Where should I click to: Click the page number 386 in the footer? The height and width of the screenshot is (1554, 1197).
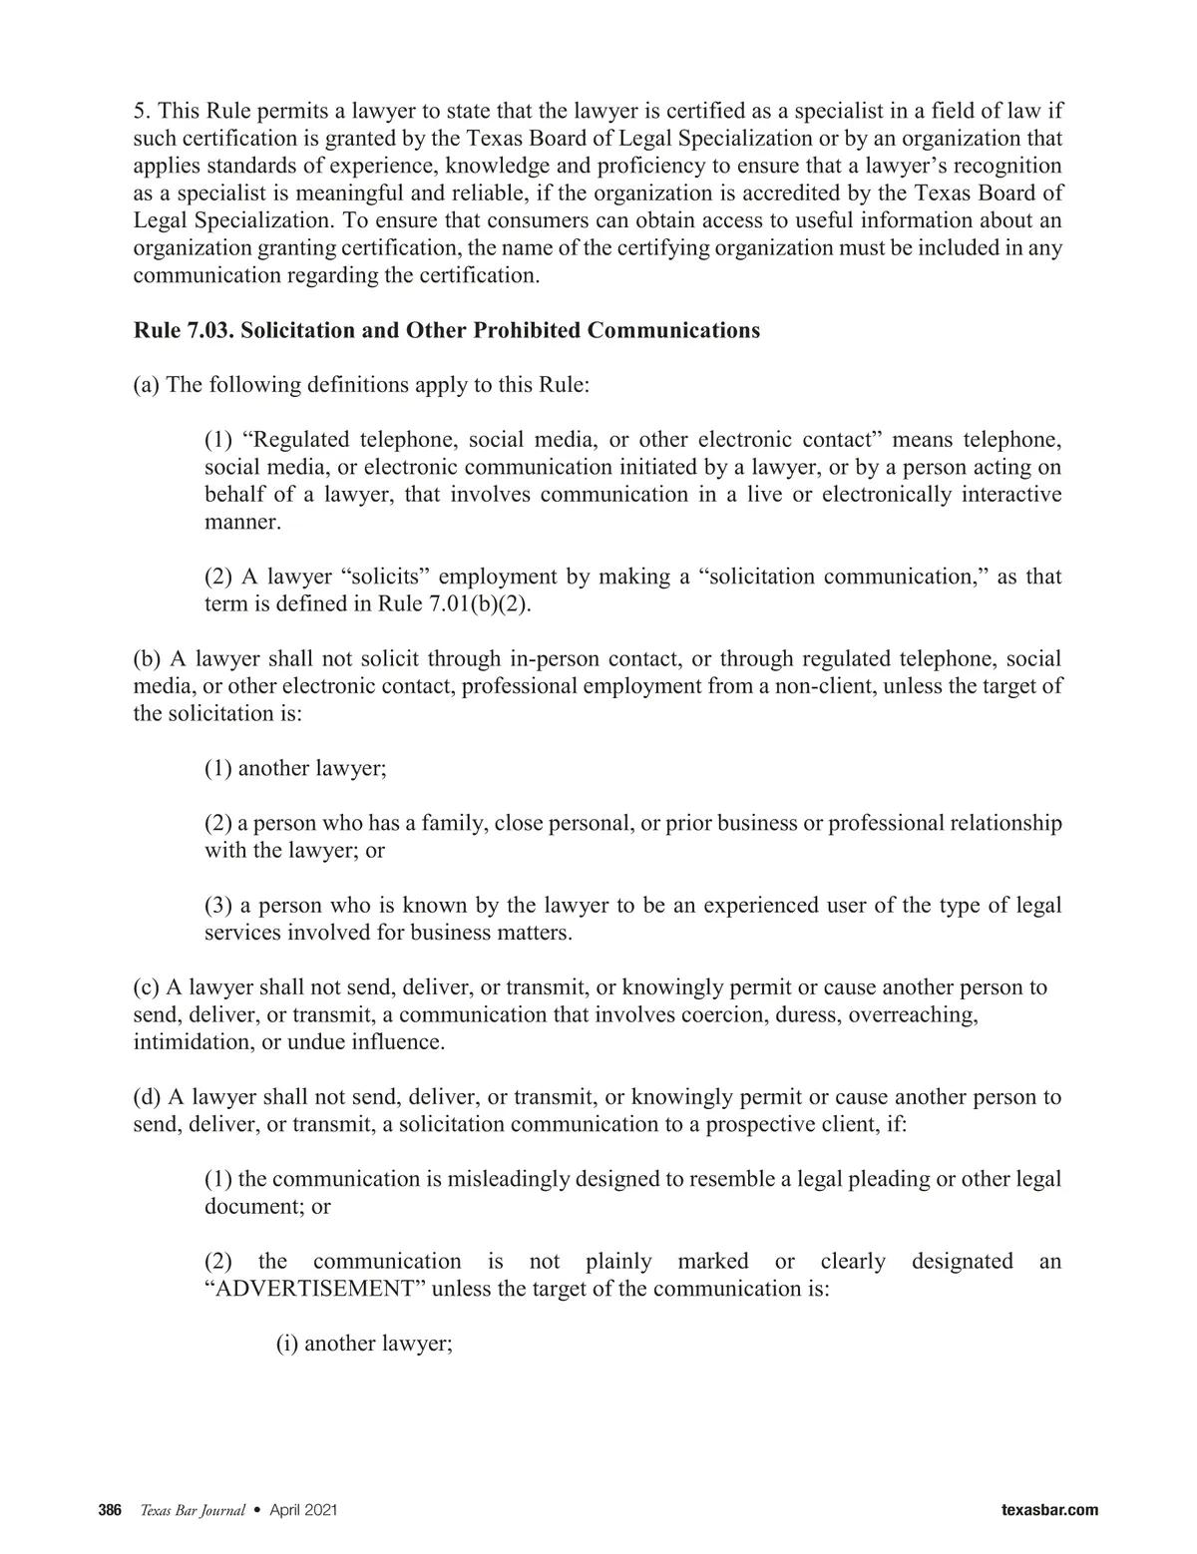(109, 1510)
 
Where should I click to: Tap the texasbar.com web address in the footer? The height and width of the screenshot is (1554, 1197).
(1048, 1510)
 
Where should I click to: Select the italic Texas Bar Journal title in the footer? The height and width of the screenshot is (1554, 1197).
(192, 1510)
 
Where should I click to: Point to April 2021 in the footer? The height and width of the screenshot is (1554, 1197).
(303, 1510)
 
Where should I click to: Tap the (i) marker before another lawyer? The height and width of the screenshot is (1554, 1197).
(286, 1343)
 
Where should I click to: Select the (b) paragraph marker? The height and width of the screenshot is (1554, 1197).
(148, 658)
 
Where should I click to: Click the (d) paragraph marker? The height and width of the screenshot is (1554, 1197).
(148, 1097)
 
